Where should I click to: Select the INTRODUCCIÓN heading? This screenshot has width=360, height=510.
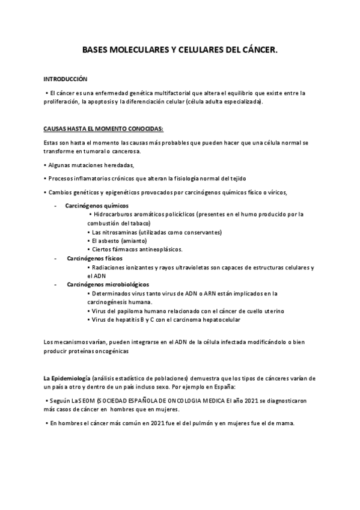66,79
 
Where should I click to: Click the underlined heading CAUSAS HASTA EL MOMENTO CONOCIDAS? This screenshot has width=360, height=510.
103,129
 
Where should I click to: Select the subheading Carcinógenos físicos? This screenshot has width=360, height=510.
91,258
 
